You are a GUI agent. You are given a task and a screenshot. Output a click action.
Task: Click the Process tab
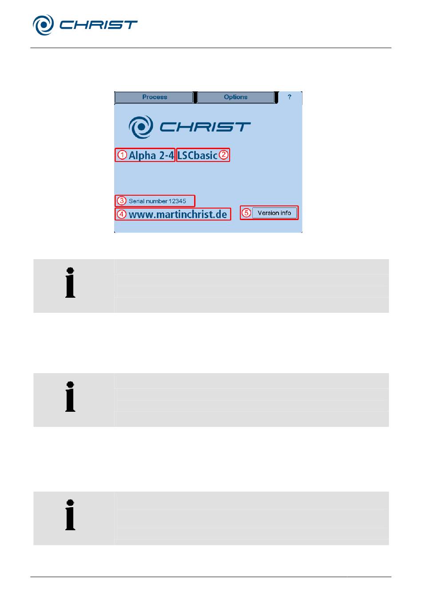154,97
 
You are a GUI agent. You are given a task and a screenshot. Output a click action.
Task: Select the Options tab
235,97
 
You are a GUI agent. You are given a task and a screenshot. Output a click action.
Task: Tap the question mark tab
290,97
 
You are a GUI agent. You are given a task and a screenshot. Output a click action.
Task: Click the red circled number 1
122,155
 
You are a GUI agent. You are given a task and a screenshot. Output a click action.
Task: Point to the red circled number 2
224,155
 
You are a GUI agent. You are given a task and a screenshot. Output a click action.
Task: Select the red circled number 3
122,201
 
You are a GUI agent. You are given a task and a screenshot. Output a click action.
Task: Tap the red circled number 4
122,214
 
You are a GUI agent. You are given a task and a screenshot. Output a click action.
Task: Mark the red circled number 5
247,213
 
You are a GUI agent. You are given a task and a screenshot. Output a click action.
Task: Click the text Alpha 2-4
151,155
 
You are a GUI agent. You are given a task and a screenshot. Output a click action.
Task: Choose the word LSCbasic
197,155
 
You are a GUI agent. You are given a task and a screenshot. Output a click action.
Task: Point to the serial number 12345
157,201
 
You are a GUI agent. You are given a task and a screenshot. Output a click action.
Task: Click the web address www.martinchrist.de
178,214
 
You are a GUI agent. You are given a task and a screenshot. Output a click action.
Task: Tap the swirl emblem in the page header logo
43,25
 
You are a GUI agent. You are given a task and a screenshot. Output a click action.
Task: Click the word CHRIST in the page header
98,25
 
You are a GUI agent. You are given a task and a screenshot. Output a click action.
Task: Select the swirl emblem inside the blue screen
141,127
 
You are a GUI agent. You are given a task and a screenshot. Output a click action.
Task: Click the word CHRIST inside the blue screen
205,127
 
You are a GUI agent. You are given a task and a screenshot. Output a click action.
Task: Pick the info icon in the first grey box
70,283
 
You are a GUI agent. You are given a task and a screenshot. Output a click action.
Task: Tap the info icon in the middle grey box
70,397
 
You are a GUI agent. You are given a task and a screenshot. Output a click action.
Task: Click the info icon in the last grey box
70,515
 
